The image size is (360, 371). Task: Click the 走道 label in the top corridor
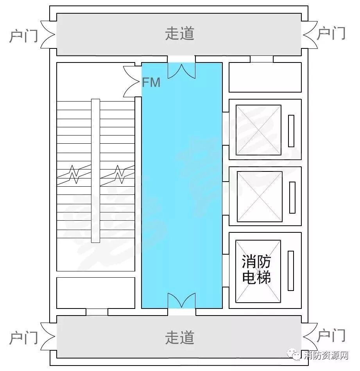pos(180,34)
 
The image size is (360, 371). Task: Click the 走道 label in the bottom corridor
pos(180,337)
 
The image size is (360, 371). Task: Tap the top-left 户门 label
pos(23,35)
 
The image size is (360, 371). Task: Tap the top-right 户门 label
pos(331,34)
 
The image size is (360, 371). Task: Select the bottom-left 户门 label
pos(23,337)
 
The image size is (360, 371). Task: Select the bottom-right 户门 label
pos(331,336)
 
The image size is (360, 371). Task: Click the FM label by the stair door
pos(151,83)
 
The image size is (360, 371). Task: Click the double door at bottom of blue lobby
pos(181,301)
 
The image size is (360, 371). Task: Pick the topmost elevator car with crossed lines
pos(259,130)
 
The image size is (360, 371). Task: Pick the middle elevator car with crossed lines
pos(260,196)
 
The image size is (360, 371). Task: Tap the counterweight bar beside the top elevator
pos(291,131)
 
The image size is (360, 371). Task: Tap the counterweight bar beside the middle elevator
pos(292,197)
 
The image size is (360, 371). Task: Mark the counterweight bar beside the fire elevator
pos(290,270)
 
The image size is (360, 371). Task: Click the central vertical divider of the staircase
pos(95,171)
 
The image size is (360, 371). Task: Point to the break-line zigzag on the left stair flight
pos(74,174)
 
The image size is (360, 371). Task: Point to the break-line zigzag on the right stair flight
pos(118,173)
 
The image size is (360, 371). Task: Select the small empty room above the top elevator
pos(265,77)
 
